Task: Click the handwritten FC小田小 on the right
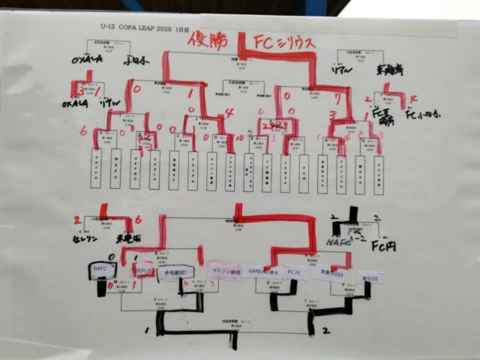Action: [421, 115]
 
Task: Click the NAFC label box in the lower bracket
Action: [101, 267]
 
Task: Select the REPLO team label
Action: [143, 270]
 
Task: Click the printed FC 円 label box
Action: [294, 273]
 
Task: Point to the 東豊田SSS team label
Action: [331, 274]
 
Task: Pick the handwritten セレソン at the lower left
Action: [84, 237]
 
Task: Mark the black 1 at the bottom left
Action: [145, 328]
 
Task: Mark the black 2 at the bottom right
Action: [325, 328]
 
